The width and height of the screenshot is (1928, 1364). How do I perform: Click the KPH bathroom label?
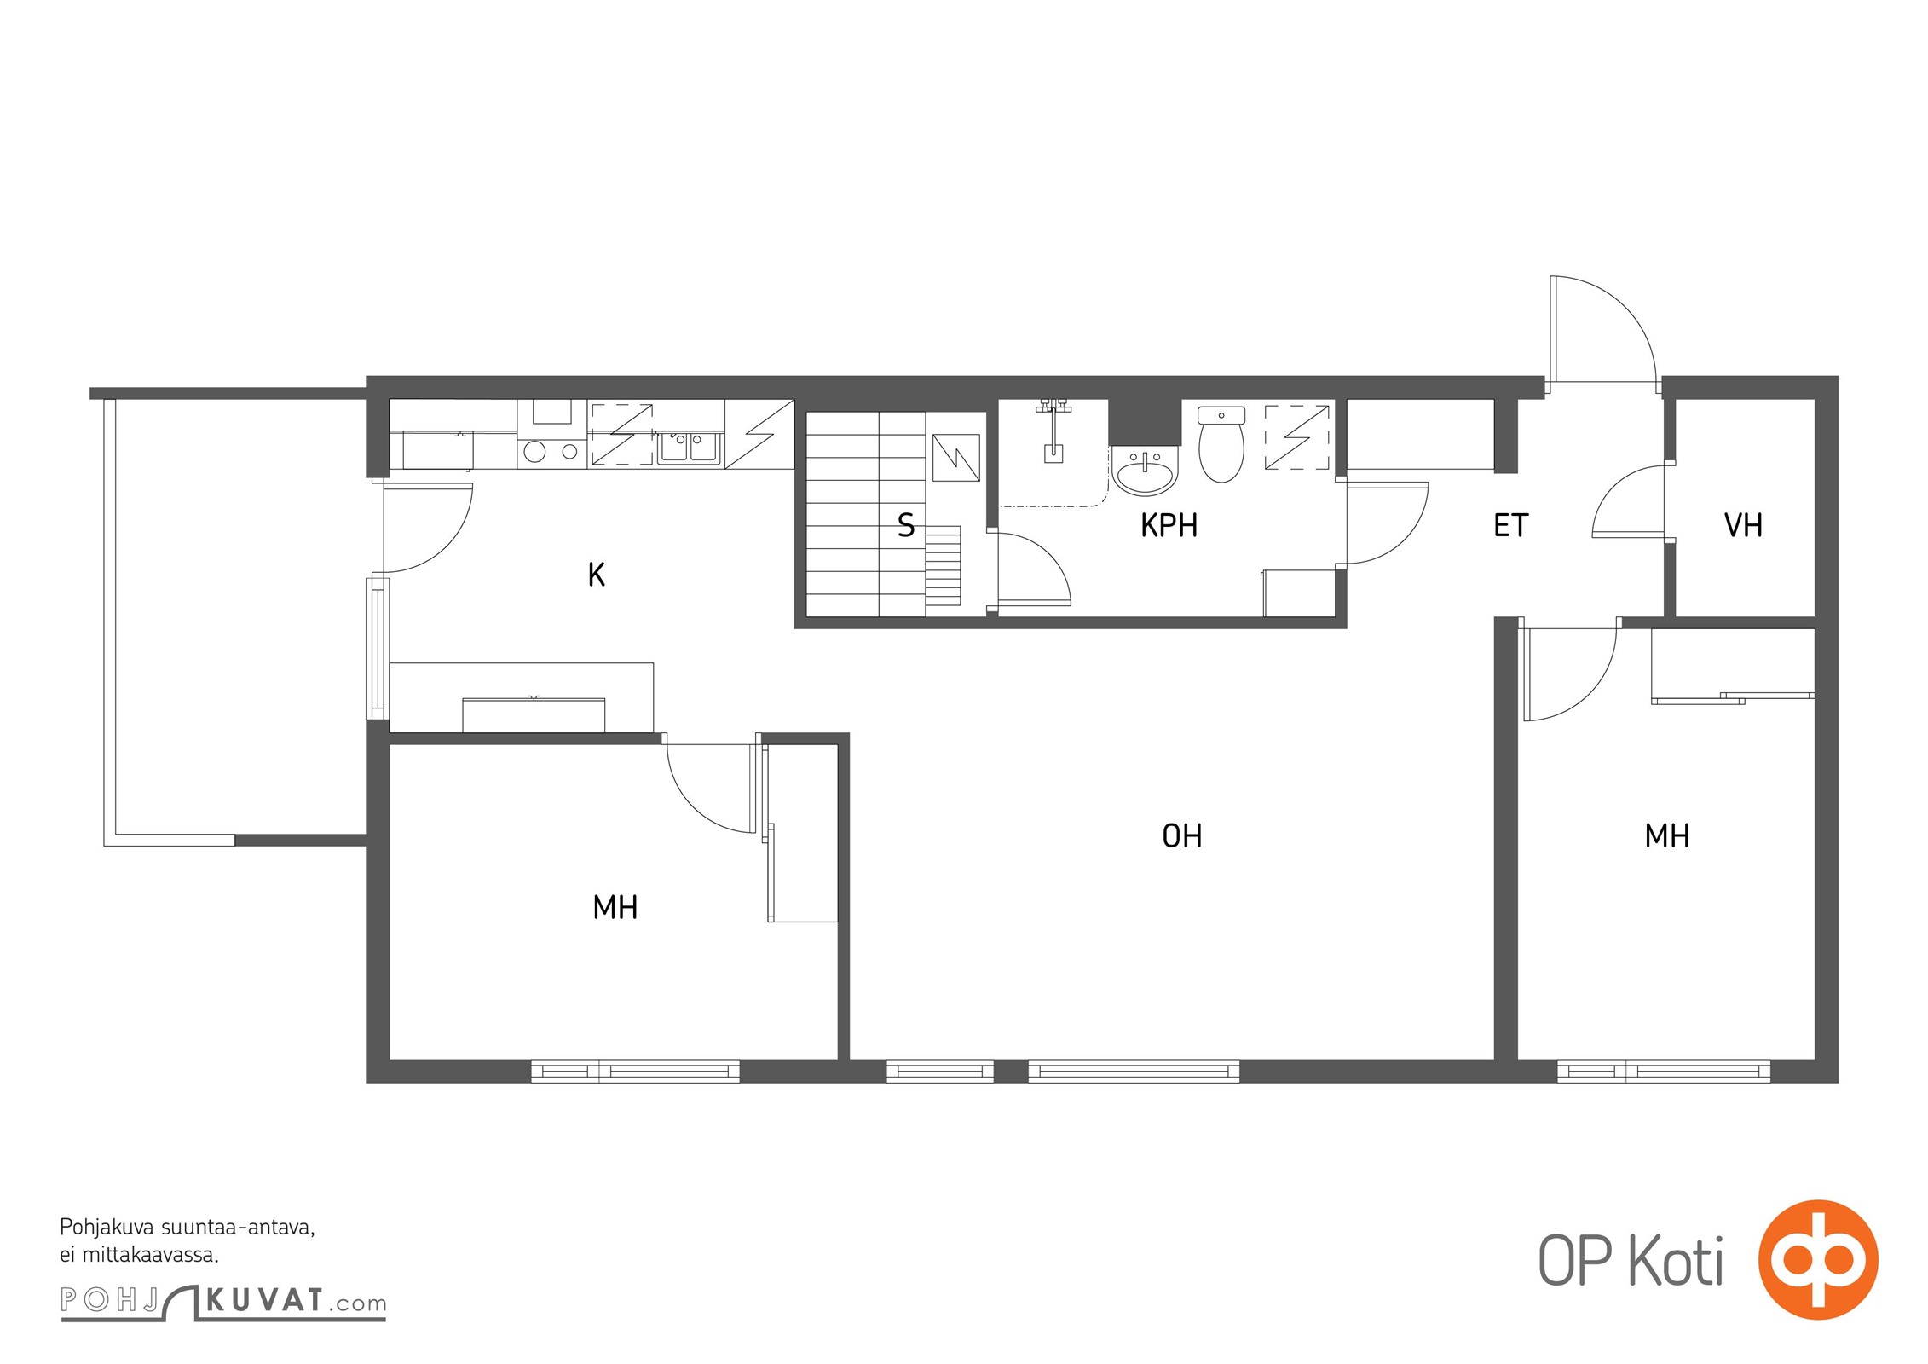[1169, 525]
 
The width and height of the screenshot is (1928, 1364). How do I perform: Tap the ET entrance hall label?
[1511, 525]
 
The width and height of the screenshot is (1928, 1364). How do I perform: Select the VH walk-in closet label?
[1743, 525]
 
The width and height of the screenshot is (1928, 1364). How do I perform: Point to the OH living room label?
[1182, 835]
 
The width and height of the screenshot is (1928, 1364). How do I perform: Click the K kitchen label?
[597, 575]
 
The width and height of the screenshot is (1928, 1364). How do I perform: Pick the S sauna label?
[906, 525]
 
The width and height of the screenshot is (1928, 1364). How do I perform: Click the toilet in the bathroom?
[1221, 443]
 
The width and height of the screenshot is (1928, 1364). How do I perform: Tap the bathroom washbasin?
[1145, 471]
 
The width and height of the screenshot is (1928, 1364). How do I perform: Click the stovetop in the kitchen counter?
[552, 451]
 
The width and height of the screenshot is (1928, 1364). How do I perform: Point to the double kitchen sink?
[690, 448]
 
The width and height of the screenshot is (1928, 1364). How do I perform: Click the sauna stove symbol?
[956, 458]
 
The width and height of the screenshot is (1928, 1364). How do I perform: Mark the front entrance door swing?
[1602, 328]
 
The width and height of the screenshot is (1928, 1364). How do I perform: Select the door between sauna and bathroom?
[1033, 568]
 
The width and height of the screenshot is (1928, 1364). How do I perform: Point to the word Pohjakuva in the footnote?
[107, 1228]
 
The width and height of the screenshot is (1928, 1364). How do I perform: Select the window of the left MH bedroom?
[635, 1071]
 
